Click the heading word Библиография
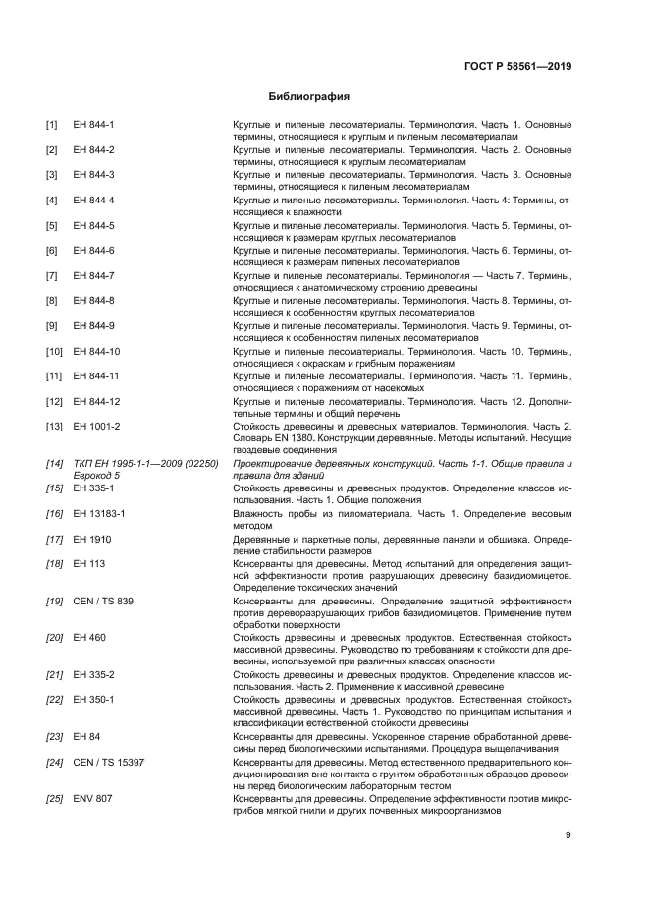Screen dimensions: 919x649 coord(309,97)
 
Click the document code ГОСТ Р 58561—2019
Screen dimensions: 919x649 coord(517,66)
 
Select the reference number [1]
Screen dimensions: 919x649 coord(51,125)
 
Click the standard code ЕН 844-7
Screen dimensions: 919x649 coord(94,275)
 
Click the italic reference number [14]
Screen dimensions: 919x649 coord(54,463)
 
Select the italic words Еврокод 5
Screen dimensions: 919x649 coord(95,475)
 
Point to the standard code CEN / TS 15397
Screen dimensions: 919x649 coord(108,762)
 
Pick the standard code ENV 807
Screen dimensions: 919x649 coord(92,799)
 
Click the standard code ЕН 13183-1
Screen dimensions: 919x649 coord(99,513)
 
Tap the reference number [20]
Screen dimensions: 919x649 coord(54,638)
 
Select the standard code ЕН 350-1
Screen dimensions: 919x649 coord(94,699)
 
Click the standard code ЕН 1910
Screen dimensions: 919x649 coord(89,538)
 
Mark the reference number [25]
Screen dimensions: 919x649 coord(54,799)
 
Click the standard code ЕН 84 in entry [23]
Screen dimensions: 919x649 coord(86,736)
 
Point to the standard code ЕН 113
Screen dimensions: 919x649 coord(86,563)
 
